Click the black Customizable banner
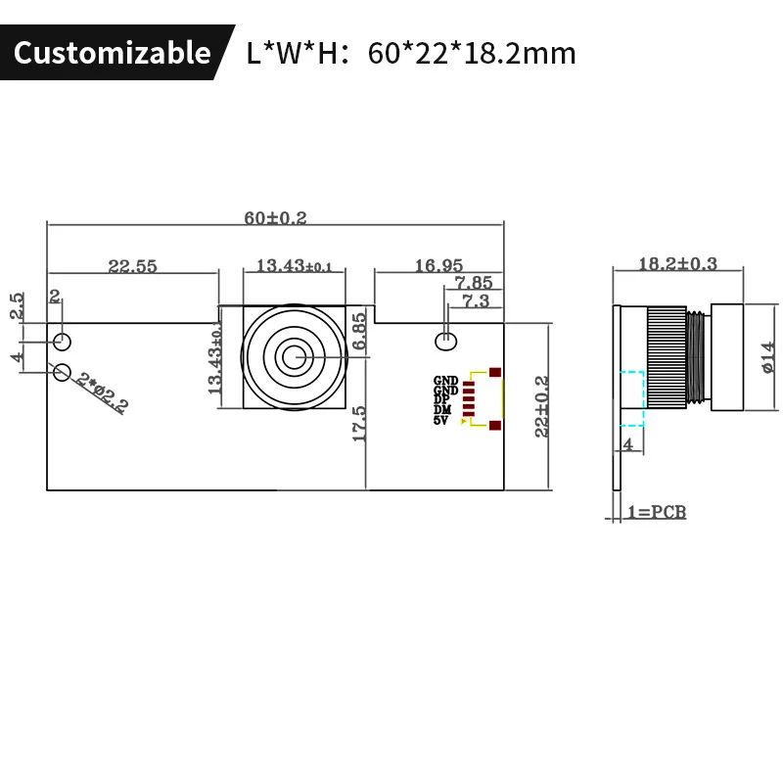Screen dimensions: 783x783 (112, 52)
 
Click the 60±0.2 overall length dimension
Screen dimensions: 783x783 (276, 218)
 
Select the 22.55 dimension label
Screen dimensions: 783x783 (133, 266)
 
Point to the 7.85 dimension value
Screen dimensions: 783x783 (473, 284)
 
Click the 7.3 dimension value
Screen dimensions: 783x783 (475, 301)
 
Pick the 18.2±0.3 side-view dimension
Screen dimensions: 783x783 (677, 263)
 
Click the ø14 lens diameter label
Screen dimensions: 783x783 (766, 356)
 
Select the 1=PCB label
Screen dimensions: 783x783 (656, 512)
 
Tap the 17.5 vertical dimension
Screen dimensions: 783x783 (359, 423)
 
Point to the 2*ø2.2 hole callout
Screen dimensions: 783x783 (103, 393)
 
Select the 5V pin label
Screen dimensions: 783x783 (440, 421)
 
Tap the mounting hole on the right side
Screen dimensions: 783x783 (445, 341)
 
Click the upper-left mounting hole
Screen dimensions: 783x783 (63, 341)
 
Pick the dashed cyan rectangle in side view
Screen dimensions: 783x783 (632, 398)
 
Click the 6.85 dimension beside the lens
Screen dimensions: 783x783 (359, 331)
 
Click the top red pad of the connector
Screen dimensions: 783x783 (495, 373)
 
